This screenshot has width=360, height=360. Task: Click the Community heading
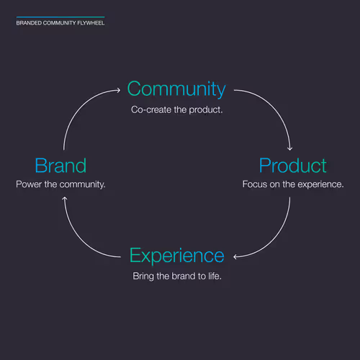pos(176,89)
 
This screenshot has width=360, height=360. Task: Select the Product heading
pos(293,166)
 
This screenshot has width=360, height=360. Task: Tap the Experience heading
pos(177,256)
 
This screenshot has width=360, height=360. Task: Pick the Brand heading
pos(60,166)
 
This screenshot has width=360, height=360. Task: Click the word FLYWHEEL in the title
pos(91,23)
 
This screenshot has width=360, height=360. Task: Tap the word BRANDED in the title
pos(29,23)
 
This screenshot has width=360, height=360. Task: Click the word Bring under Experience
pos(143,276)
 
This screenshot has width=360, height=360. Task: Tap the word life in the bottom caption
pos(215,276)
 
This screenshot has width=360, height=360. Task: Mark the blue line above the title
pos(60,17)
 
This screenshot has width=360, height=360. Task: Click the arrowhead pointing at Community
pos(118,90)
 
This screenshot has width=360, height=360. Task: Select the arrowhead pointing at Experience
pos(235,257)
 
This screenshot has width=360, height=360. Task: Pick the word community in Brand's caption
pos(82,184)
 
